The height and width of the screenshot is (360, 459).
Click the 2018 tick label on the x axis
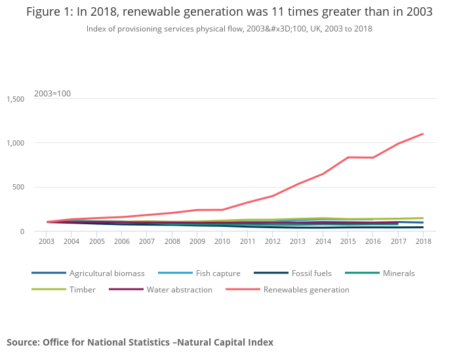click(423, 241)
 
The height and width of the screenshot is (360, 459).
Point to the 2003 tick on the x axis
click(47, 241)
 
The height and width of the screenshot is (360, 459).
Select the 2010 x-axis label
click(222, 241)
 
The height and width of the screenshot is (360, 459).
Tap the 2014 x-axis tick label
click(323, 241)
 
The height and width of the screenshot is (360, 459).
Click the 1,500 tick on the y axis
click(15, 99)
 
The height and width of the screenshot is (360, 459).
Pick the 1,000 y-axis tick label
click(15, 143)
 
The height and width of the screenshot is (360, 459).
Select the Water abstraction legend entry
click(179, 289)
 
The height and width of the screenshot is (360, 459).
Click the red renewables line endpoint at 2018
click(423, 134)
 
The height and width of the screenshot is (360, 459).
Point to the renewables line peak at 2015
click(348, 157)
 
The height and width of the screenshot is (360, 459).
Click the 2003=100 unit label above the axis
click(52, 93)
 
